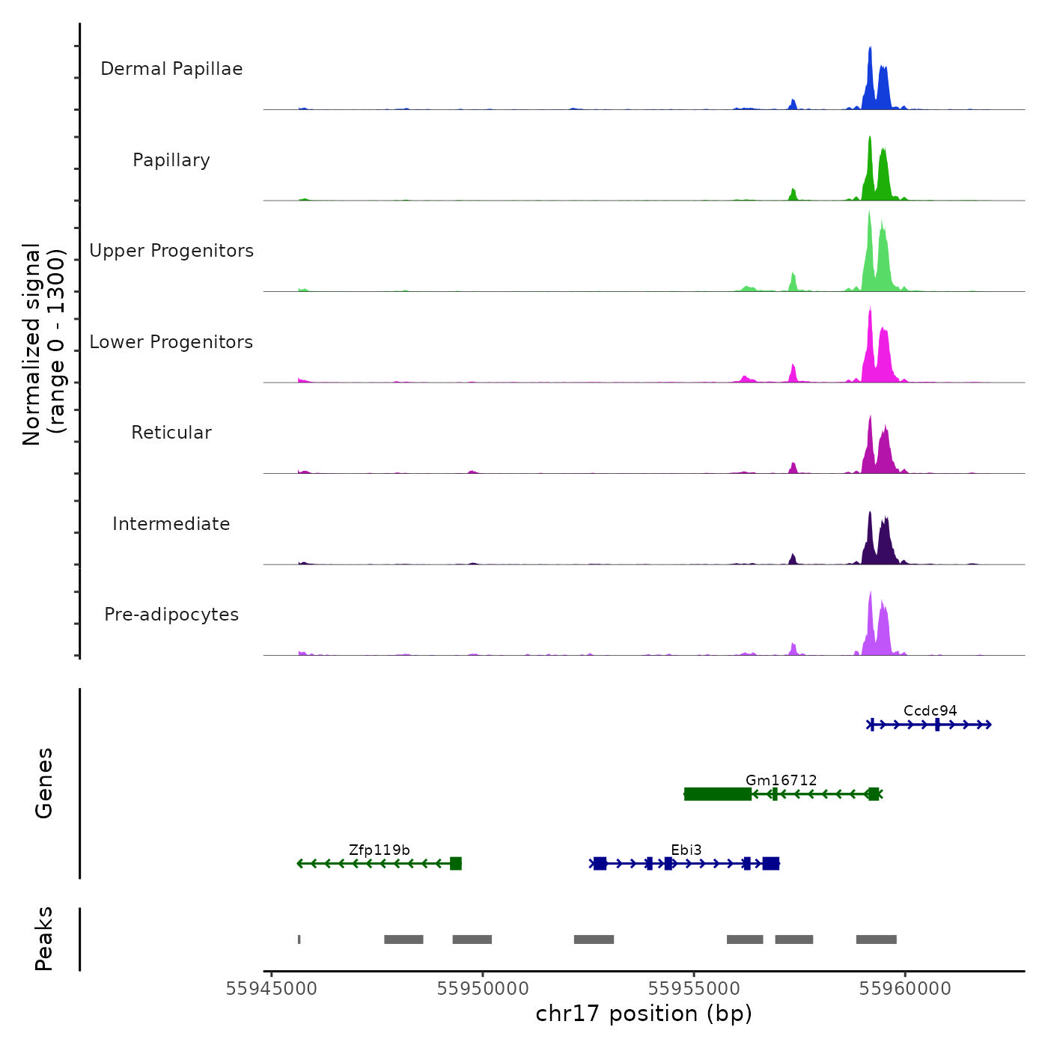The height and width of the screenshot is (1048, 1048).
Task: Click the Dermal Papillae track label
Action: (x=171, y=69)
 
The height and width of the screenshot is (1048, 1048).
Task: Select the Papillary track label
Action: (x=171, y=160)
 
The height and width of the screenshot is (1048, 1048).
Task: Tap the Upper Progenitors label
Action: (x=171, y=251)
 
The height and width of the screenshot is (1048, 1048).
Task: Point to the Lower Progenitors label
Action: (x=171, y=342)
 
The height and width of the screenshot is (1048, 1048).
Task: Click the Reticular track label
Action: (x=171, y=433)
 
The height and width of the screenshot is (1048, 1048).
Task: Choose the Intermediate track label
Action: (x=171, y=524)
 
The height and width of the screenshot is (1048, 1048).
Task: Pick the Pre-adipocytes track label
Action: (x=171, y=615)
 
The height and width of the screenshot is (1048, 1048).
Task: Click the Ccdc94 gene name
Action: (x=930, y=711)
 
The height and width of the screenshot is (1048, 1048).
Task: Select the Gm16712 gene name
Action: (x=781, y=780)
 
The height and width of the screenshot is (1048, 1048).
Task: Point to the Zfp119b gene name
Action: (x=380, y=850)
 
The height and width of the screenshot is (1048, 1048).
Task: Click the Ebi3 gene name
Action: (x=686, y=850)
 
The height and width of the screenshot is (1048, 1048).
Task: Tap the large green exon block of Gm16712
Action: (x=717, y=794)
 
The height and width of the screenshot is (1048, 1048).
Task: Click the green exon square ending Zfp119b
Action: (x=456, y=864)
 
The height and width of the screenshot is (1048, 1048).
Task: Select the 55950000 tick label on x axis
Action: (x=483, y=989)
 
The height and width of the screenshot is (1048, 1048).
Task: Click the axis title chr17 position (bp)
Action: (x=644, y=1014)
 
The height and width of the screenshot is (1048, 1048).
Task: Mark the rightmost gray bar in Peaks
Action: (x=876, y=939)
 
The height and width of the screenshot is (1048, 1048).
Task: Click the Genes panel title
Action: (x=44, y=783)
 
